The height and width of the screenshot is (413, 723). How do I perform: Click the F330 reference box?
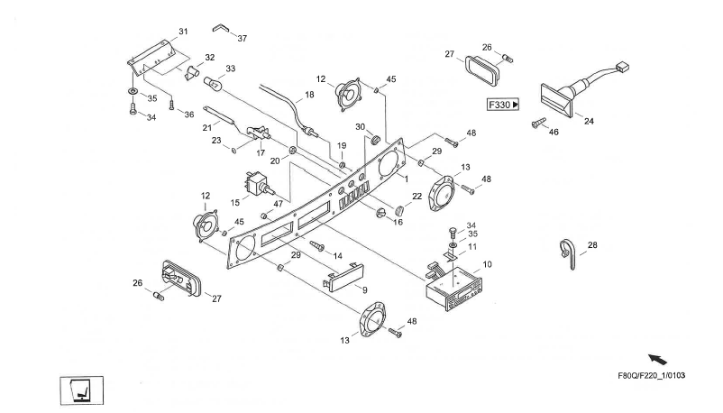pos(503,105)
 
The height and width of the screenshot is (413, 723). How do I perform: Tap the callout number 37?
pos(242,38)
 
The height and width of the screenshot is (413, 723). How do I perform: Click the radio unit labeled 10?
pos(456,289)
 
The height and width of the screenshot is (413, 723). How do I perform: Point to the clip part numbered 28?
pos(565,252)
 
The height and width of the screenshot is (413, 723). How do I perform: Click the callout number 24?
pos(589,120)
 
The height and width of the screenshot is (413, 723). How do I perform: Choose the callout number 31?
pos(182,32)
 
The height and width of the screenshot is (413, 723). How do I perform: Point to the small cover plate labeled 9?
pos(340,274)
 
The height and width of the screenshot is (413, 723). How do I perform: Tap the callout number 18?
pos(310,94)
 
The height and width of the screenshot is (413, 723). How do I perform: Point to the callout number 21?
pos(206,126)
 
